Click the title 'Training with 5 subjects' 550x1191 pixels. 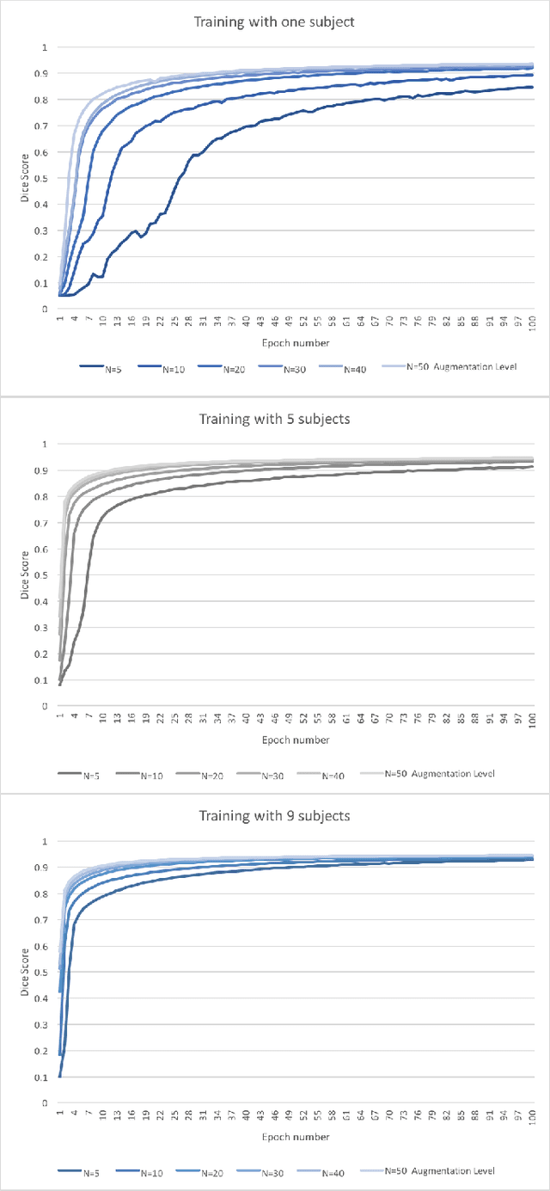pyautogui.click(x=274, y=420)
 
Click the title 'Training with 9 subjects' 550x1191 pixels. pyautogui.click(x=274, y=815)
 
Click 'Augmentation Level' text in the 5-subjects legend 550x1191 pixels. pyautogui.click(x=453, y=773)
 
